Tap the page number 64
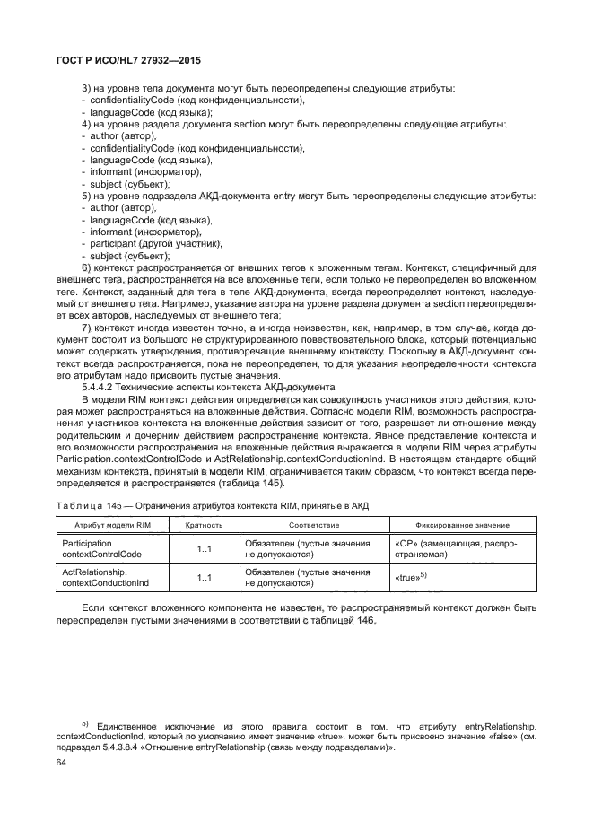61,762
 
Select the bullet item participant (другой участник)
150,243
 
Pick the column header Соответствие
313,525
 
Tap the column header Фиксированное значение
462,525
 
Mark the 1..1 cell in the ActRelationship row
204,579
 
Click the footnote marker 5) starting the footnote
84,722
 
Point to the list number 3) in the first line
86,88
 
